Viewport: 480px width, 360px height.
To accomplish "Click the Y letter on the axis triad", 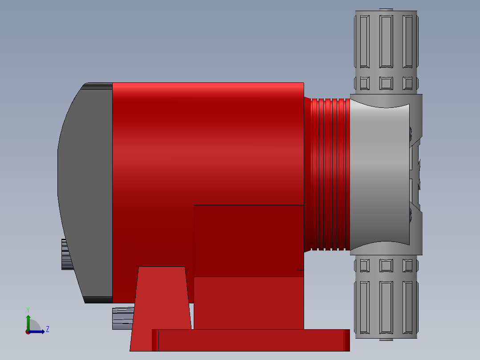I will click(28, 310).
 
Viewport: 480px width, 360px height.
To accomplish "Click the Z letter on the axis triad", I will click(47, 329).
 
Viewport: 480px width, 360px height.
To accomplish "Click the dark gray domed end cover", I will click(85, 187).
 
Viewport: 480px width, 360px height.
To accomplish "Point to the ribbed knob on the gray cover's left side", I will click(65, 254).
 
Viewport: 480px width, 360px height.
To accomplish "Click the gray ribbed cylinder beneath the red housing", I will click(123, 318).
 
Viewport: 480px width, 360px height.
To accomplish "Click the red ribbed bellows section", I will click(327, 174).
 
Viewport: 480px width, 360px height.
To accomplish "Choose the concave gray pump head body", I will click(378, 174).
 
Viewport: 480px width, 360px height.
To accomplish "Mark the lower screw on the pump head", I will click(411, 216).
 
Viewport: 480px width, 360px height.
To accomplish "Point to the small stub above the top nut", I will click(386, 9).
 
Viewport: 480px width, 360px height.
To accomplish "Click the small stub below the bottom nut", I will click(386, 339).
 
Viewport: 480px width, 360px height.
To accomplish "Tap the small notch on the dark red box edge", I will click(300, 269).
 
